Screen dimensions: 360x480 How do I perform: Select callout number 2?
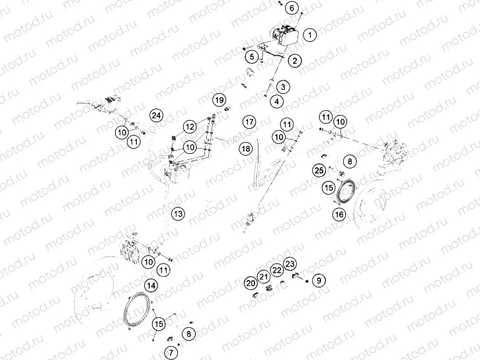294,61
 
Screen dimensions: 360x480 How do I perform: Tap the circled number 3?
282,87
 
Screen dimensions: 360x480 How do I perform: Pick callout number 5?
253,57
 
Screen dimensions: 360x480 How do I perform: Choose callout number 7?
171,352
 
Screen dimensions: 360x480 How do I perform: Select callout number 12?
190,126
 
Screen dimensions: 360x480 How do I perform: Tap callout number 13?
177,213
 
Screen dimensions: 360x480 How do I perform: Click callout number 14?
151,285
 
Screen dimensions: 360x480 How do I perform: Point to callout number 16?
339,214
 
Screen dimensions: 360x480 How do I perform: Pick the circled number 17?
249,122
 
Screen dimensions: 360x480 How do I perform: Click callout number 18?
245,149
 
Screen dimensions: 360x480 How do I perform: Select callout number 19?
219,100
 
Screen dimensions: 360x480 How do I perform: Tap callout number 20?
250,283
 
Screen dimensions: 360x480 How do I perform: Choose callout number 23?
290,264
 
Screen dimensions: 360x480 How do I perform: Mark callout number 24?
155,116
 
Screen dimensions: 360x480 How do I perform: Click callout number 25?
319,171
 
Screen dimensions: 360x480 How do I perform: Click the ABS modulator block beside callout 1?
286,32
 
